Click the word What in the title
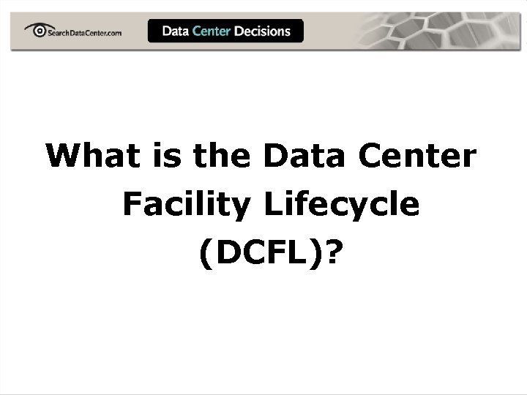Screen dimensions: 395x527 point(90,156)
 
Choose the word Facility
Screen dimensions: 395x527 point(186,206)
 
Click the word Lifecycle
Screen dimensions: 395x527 point(342,206)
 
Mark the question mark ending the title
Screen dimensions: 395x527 point(335,254)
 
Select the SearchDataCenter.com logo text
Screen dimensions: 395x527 point(83,32)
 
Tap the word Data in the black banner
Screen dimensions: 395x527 point(175,31)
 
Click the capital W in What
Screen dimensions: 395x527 point(62,156)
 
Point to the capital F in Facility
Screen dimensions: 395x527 point(131,204)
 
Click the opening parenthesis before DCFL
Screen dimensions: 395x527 point(203,255)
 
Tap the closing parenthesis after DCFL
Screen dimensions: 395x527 point(318,255)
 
